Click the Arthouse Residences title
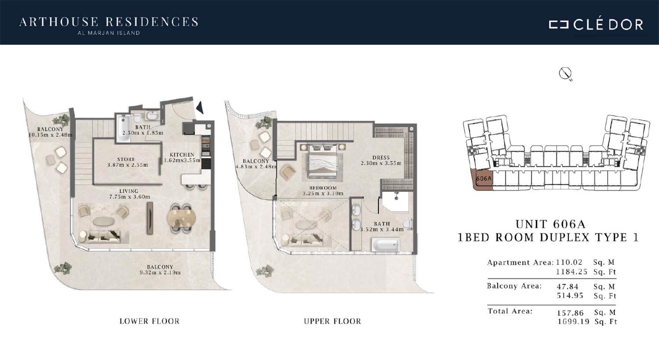[x=109, y=22]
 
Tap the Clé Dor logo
[x=596, y=25]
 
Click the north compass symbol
[x=565, y=73]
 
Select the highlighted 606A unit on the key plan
[x=483, y=179]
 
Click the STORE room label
[x=126, y=159]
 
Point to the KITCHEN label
[x=182, y=155]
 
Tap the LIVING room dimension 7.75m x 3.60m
[x=130, y=197]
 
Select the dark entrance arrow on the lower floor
[x=200, y=107]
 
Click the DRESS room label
[x=381, y=158]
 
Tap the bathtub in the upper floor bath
[x=385, y=245]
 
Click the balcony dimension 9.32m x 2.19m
[x=160, y=273]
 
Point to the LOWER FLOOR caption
[x=149, y=321]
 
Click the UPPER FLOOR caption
[x=333, y=321]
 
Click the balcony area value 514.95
[x=570, y=295]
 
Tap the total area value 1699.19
[x=573, y=322]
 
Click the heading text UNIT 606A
[x=550, y=224]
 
